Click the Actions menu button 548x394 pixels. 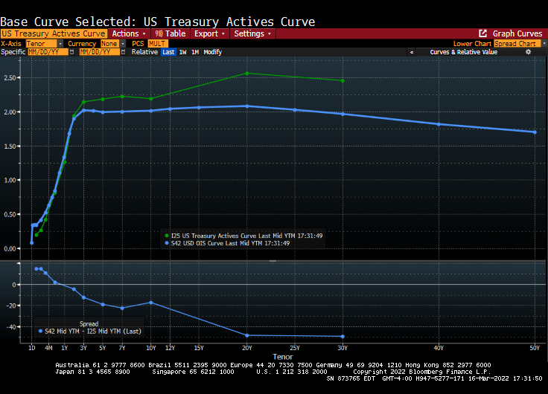click(129, 33)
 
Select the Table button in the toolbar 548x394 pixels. click(171, 33)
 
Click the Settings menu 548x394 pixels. click(252, 33)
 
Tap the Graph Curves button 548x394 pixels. click(511, 33)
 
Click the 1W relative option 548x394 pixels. click(182, 52)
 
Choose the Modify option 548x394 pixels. click(212, 52)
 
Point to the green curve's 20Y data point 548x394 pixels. click(247, 73)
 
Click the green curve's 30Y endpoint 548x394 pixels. click(342, 80)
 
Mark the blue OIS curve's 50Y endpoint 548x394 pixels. click(535, 132)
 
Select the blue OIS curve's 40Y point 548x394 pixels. click(439, 124)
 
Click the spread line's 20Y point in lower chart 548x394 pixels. click(247, 335)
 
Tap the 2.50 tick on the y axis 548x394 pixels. click(10, 78)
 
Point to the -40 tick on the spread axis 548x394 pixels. click(12, 327)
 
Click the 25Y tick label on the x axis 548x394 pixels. click(295, 348)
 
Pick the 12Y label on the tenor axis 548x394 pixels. click(170, 348)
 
